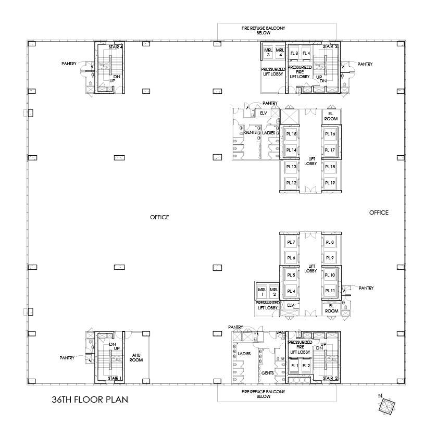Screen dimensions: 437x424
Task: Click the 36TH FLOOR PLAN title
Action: coord(90,400)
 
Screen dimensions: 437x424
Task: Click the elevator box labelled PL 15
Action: coord(291,134)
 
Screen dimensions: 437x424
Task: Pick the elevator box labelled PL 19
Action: coord(330,183)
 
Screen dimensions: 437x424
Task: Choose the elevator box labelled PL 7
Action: coord(291,242)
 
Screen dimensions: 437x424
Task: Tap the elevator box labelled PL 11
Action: coord(330,291)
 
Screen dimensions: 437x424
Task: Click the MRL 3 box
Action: coord(268,53)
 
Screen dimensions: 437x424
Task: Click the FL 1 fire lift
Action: coord(294,366)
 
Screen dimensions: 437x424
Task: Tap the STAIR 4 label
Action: coord(115,47)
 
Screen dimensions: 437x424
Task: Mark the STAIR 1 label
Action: coord(115,378)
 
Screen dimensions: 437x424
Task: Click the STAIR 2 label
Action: coord(329,378)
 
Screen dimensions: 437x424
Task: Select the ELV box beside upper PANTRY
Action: coord(263,113)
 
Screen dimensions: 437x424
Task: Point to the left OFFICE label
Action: coord(159,217)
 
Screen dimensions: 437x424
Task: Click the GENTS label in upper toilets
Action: coord(251,133)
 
